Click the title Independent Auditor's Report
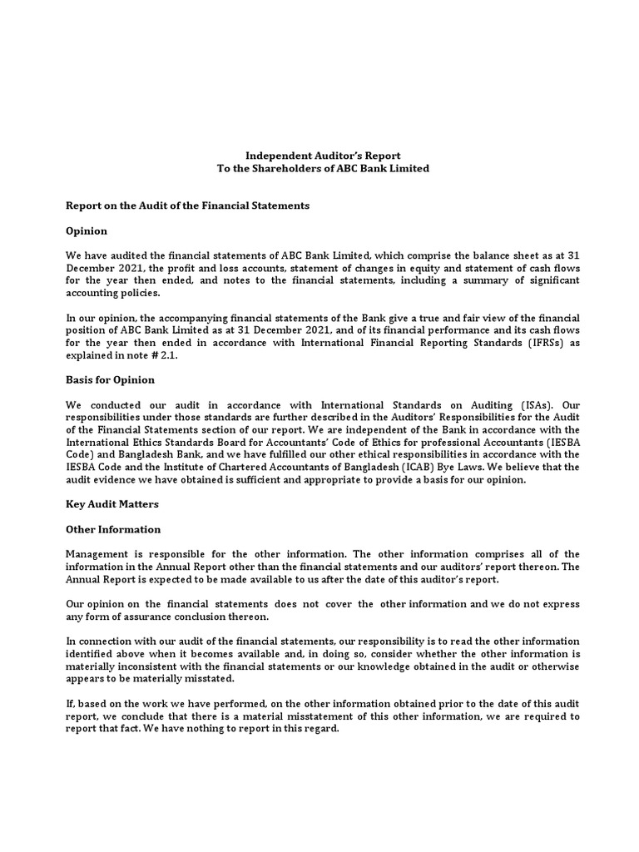[x=322, y=156]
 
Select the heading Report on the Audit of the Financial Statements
[x=187, y=206]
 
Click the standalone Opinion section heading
[x=87, y=230]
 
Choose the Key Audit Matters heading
[x=111, y=503]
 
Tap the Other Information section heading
[x=113, y=529]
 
